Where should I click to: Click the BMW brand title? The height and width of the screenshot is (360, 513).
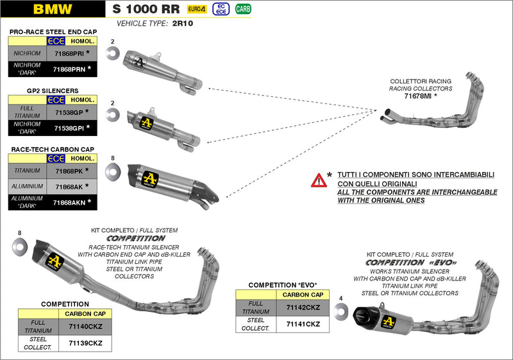pos(53,9)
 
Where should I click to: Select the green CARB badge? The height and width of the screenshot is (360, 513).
pos(243,9)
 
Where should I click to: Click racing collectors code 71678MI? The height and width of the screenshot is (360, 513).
pos(417,96)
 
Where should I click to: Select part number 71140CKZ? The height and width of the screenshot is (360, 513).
pos(85,327)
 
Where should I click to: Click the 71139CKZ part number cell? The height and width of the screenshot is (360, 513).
pos(85,343)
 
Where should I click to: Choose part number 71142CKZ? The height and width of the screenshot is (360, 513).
pos(303,307)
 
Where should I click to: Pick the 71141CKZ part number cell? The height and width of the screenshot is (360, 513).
pos(303,324)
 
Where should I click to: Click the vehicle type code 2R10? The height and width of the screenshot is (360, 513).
pos(183,24)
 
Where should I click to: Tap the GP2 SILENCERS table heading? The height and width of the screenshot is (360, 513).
pos(53,91)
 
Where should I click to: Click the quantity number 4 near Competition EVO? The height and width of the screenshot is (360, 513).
pos(341,298)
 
